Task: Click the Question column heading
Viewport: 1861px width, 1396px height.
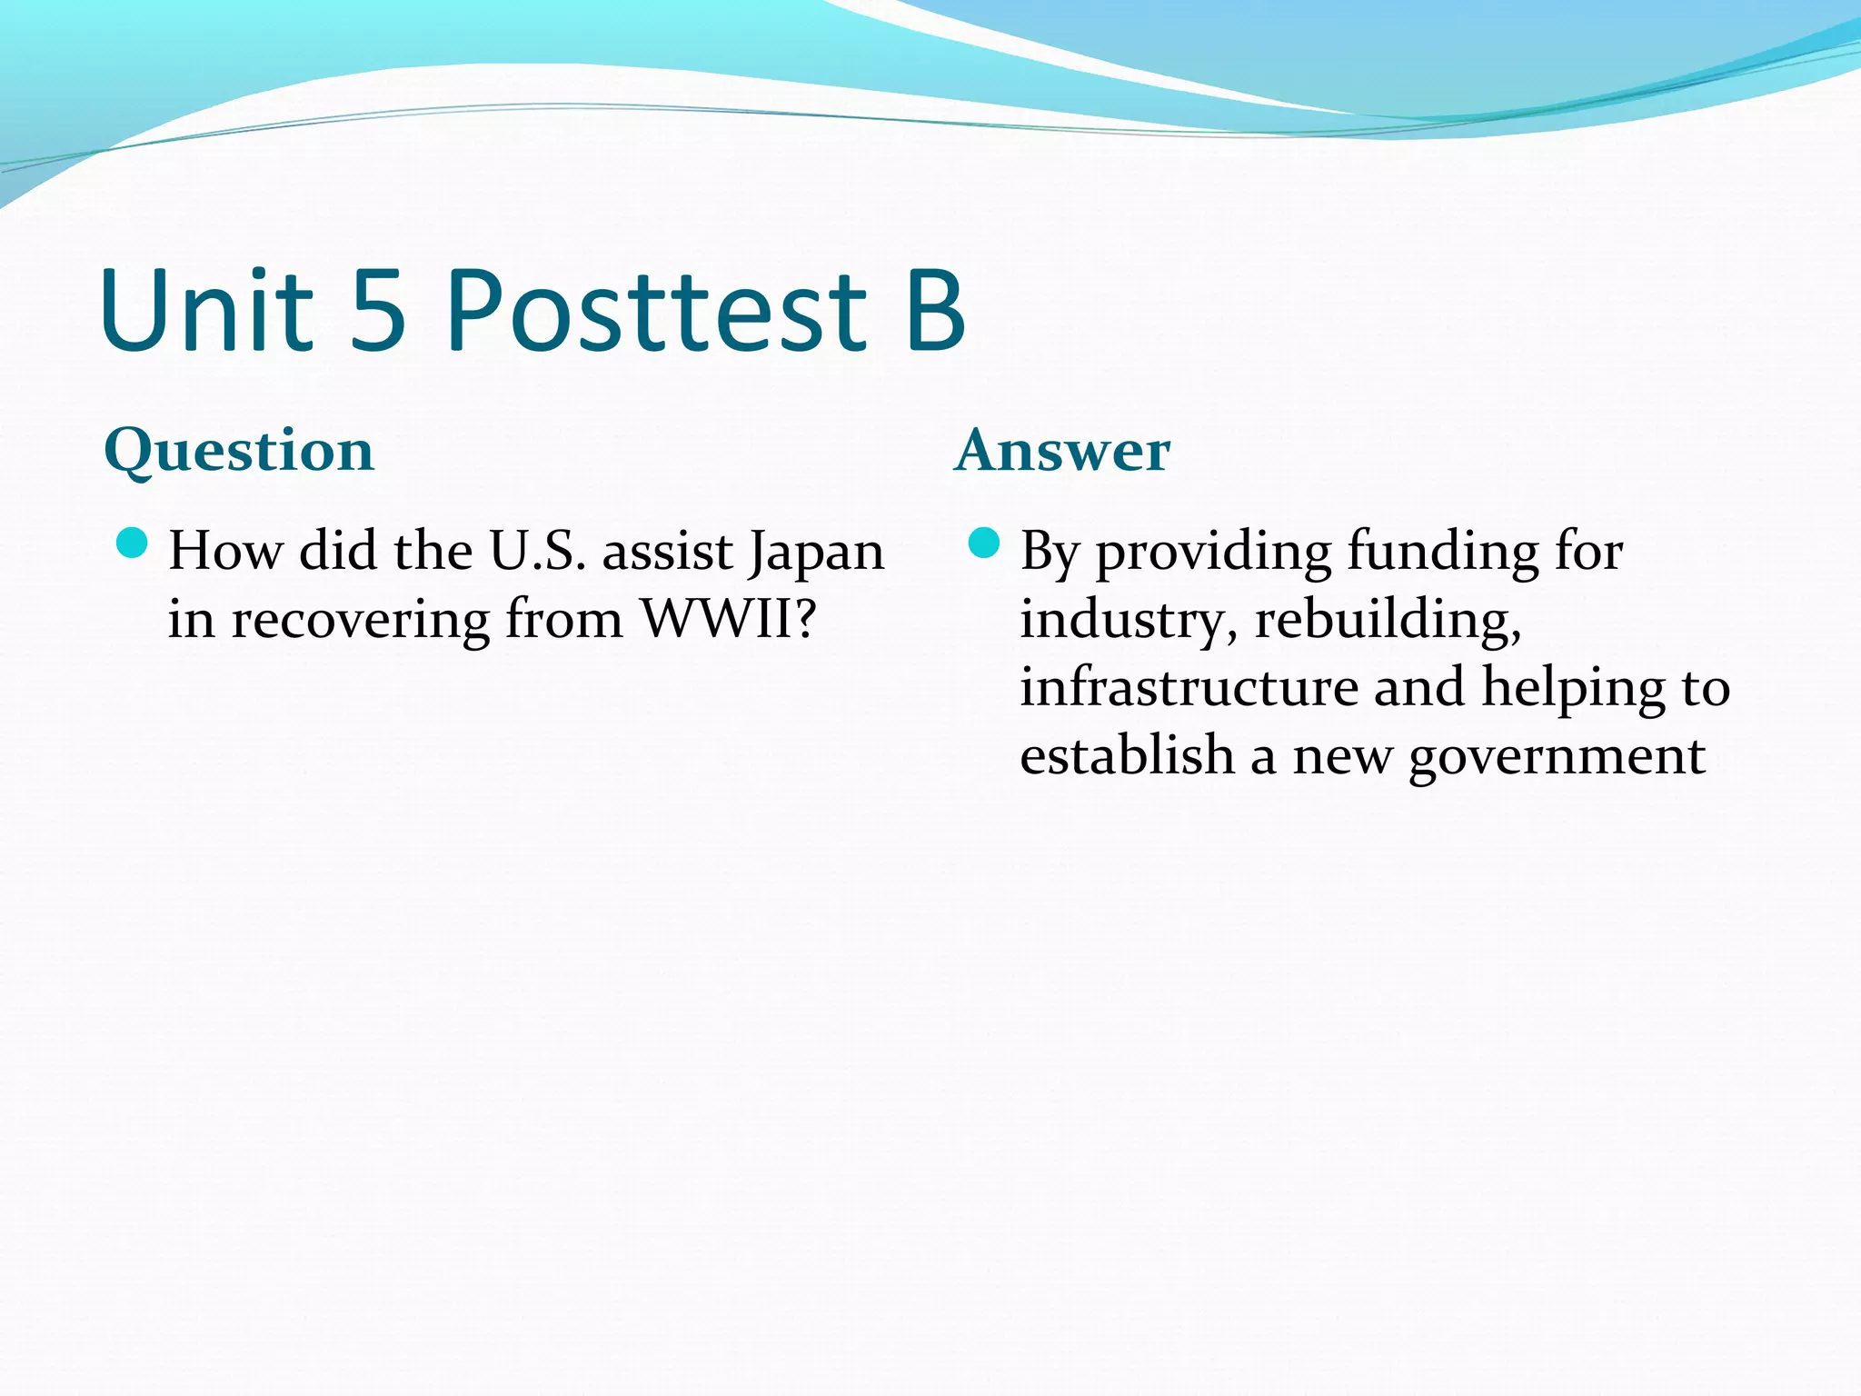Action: pos(239,451)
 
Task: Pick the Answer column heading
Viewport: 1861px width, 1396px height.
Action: pos(1062,451)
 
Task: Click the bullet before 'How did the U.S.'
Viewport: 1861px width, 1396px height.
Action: pos(133,543)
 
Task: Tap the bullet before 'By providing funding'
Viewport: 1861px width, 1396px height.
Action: pos(984,543)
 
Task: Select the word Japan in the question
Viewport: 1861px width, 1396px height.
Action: pos(815,553)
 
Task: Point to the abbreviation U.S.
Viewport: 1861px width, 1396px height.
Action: pos(538,551)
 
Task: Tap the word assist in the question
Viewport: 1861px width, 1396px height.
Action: pos(668,551)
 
